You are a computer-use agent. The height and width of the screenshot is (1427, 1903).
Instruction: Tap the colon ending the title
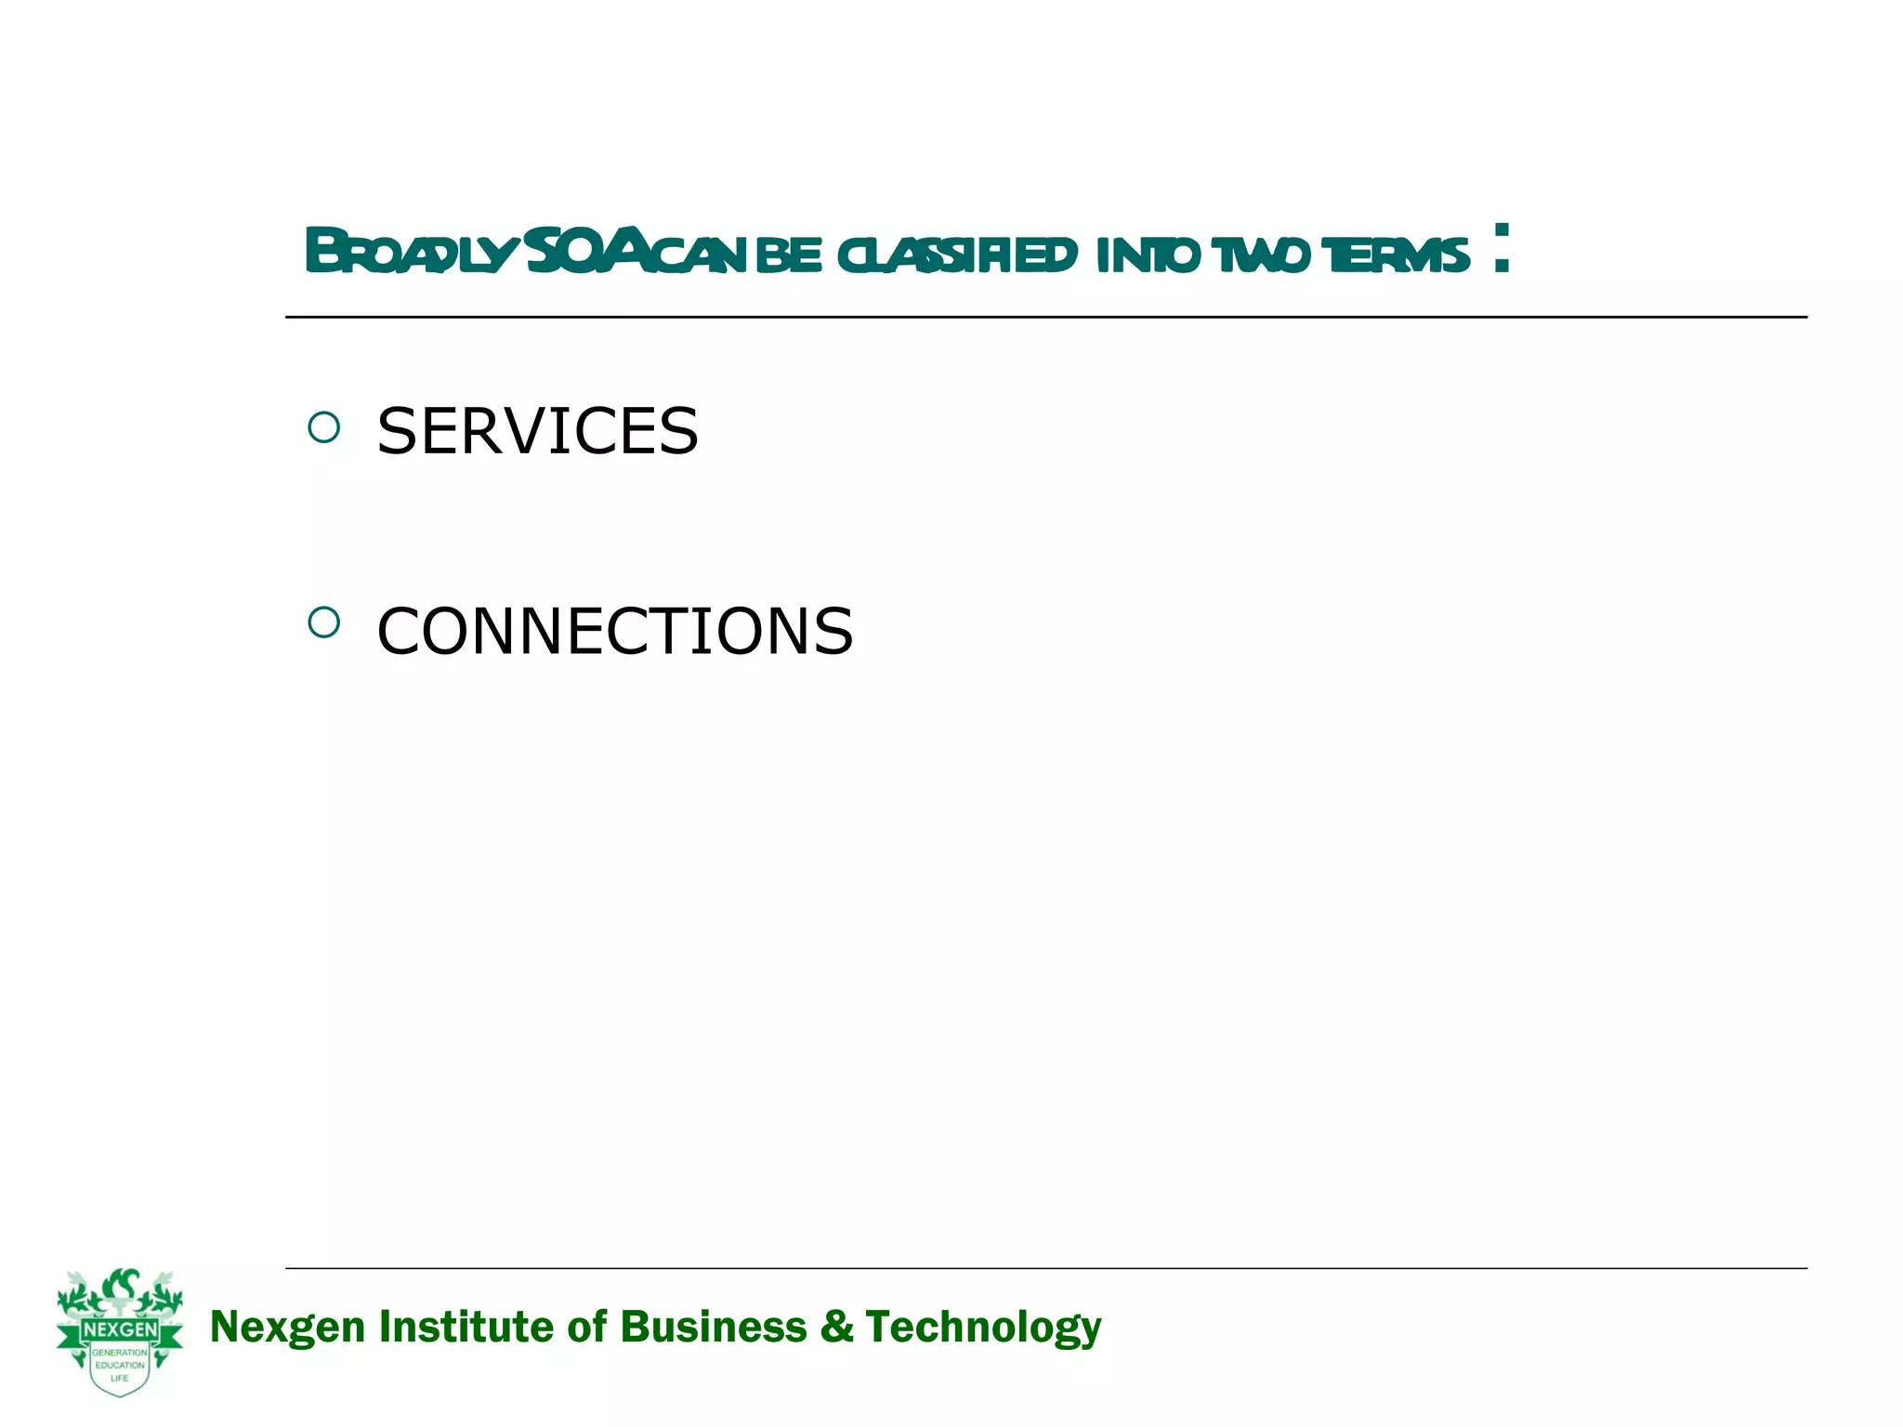pos(1502,249)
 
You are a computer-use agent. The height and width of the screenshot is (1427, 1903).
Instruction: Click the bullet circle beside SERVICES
pos(323,428)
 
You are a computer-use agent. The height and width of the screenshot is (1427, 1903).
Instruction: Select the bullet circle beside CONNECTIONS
pos(323,622)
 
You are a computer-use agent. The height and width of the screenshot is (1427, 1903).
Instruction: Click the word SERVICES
pos(537,432)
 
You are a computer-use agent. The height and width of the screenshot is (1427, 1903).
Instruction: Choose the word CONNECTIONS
pos(614,632)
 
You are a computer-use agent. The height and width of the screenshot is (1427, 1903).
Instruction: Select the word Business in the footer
pos(713,1326)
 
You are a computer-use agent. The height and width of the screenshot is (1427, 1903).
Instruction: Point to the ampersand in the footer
pos(836,1326)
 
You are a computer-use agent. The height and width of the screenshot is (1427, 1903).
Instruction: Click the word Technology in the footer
pos(983,1328)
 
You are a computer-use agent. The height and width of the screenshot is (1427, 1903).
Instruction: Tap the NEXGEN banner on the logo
pos(120,1330)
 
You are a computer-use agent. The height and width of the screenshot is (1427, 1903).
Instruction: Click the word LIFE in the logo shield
pos(120,1378)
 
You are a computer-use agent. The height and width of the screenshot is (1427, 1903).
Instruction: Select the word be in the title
pos(789,255)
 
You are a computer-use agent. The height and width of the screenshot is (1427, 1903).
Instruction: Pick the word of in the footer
pos(587,1326)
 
